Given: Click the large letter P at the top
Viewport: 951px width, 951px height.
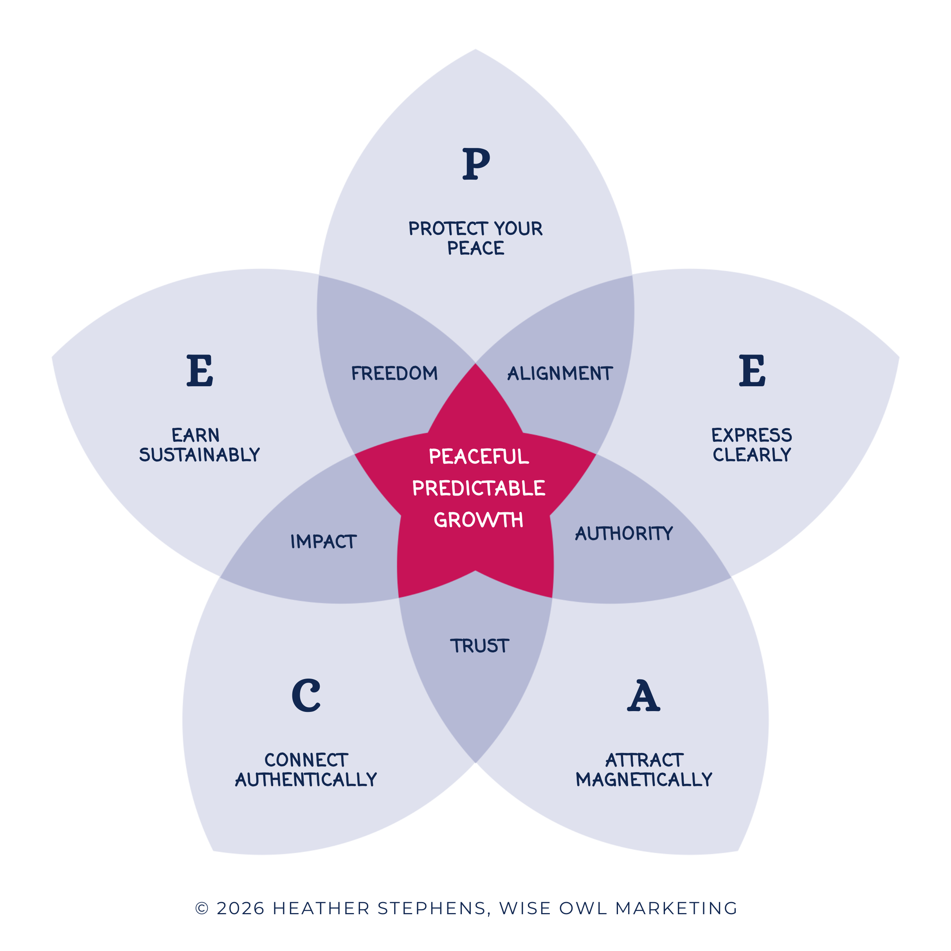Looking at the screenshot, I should tap(476, 164).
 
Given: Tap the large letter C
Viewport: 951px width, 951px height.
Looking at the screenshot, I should tap(306, 695).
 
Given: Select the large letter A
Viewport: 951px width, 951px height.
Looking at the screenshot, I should tap(643, 695).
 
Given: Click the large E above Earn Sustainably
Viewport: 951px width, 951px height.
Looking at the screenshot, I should tap(200, 370).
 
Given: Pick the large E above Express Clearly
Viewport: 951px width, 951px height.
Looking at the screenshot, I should tap(752, 370).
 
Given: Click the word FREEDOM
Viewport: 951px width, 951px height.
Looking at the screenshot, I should tap(394, 373).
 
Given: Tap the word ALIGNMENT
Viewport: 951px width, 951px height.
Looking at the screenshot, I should tap(560, 373).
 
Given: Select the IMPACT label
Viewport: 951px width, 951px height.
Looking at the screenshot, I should tap(323, 542).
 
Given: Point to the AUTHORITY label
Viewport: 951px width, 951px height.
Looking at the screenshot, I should tap(624, 533).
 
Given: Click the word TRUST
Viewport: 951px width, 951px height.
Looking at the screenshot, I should tap(479, 646).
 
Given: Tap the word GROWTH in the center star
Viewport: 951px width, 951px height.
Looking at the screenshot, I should tap(479, 520).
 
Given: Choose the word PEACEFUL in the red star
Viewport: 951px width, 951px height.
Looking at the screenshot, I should tap(479, 456).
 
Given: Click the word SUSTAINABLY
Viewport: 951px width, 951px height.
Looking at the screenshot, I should tap(199, 454).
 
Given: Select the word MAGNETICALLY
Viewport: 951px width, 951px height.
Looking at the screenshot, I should tap(644, 779).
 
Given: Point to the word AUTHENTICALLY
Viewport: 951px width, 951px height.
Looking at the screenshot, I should tap(306, 779).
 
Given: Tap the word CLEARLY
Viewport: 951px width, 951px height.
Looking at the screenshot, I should tap(752, 454).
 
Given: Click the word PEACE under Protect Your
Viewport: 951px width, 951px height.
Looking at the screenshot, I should tap(475, 248).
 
